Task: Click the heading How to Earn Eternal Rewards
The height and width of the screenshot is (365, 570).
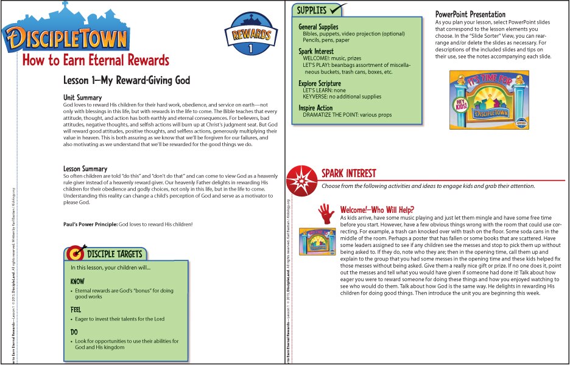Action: [96, 60]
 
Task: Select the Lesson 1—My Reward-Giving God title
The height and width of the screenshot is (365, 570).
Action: [127, 80]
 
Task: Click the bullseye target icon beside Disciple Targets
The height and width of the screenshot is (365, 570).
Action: [75, 251]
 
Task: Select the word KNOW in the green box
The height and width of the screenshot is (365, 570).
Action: [77, 282]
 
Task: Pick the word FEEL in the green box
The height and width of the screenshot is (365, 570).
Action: [77, 309]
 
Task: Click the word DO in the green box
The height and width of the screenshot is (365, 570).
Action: [74, 332]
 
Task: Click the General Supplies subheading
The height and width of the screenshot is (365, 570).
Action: [318, 27]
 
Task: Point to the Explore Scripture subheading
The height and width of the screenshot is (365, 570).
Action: [320, 83]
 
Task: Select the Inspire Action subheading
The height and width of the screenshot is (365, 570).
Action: [316, 108]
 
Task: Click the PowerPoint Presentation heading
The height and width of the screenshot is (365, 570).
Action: [470, 14]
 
